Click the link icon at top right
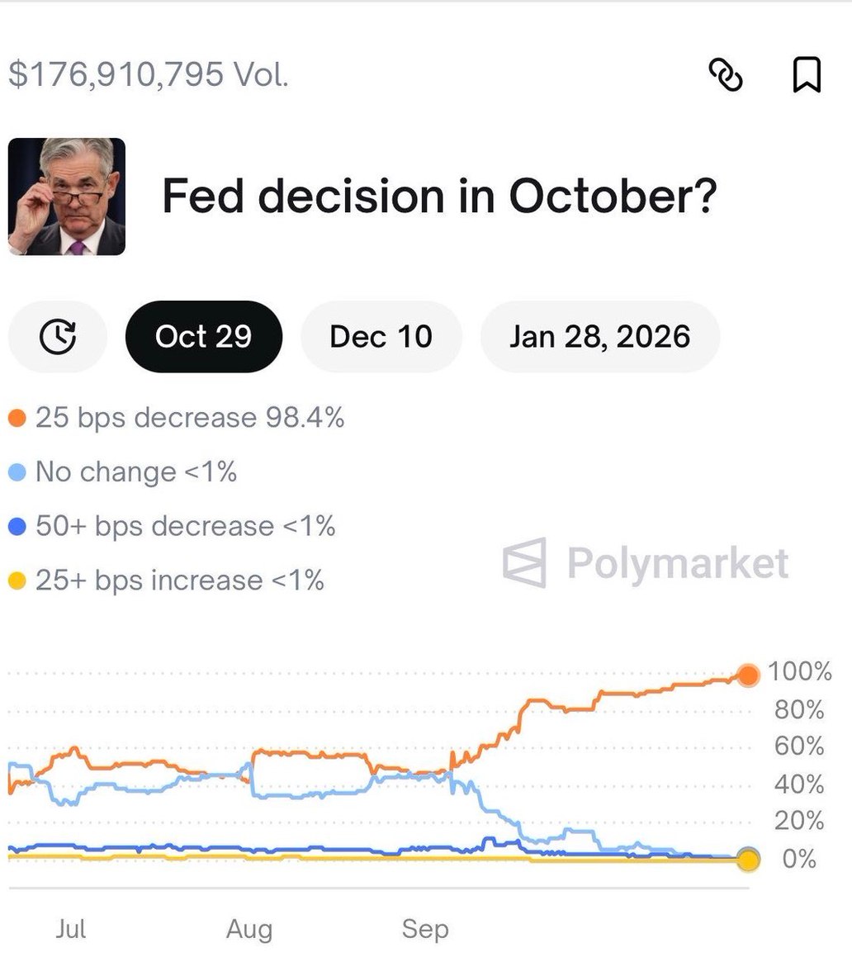coord(727,75)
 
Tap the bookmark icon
coord(806,75)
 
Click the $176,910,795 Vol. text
coord(149,74)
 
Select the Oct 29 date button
coord(203,337)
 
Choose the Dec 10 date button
coord(381,337)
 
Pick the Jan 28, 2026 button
coord(599,337)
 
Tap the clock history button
coord(58,337)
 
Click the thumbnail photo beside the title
coord(67,197)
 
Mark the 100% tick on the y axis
coord(799,672)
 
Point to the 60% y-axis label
coord(799,746)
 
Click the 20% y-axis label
coord(799,821)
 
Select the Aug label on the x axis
coord(249,930)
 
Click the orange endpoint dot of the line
coord(748,675)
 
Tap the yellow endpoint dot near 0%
coord(748,860)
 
